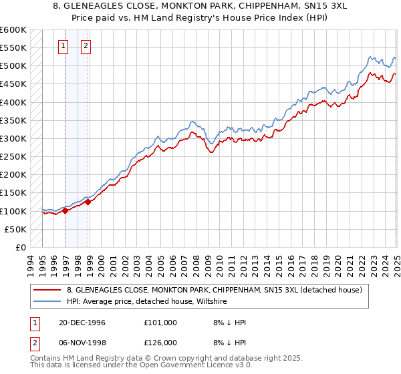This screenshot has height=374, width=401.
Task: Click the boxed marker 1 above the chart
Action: tap(63, 46)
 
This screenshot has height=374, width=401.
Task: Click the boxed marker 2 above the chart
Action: tap(86, 46)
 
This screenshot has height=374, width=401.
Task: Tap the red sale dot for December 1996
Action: tap(65, 210)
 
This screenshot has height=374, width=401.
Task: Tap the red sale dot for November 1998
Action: tap(88, 202)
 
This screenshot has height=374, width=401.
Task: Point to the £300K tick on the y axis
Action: tap(13, 138)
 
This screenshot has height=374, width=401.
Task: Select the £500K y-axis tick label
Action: tap(13, 66)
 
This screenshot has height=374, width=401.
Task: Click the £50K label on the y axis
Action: tap(16, 229)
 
